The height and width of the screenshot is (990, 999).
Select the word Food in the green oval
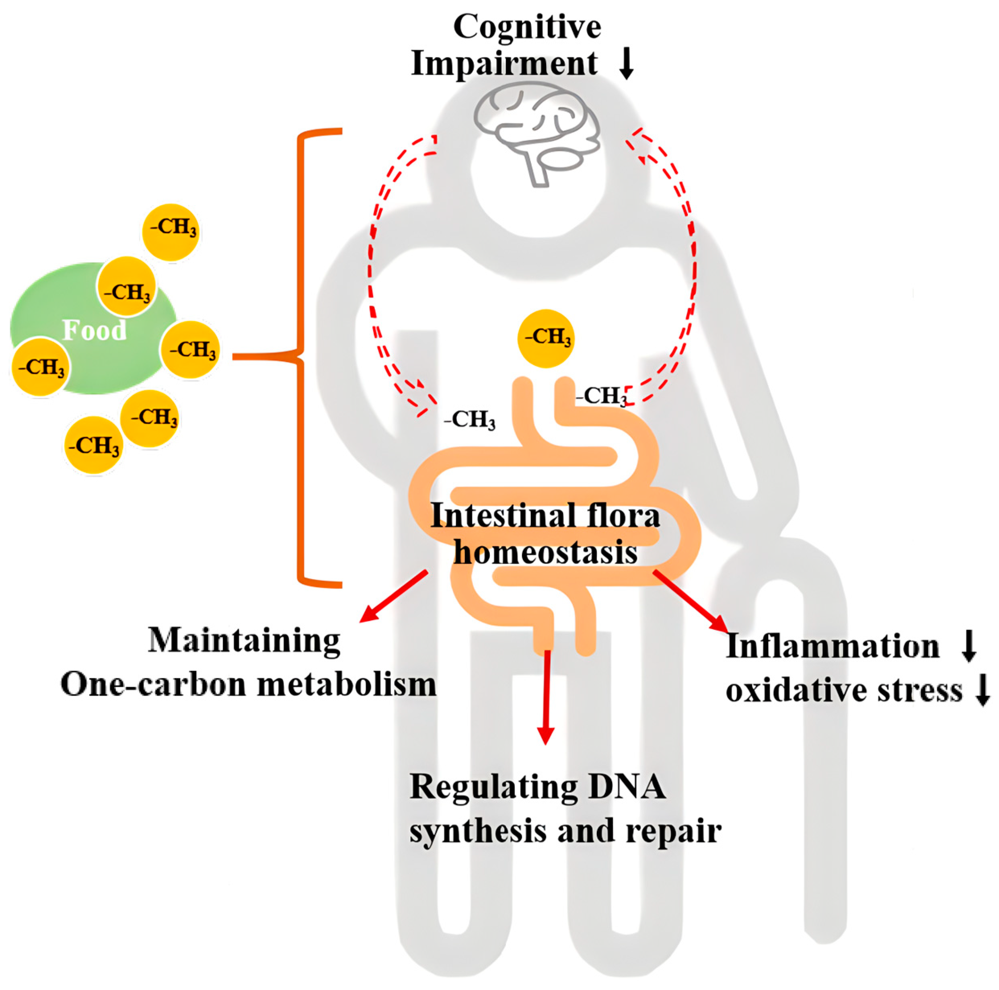[x=94, y=330]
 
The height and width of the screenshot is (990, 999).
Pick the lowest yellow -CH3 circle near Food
[x=94, y=446]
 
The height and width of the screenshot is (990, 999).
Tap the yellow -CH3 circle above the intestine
[x=546, y=339]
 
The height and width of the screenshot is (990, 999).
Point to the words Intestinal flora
[x=545, y=516]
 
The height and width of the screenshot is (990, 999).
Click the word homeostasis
[x=545, y=552]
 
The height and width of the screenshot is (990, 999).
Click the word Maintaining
[x=244, y=641]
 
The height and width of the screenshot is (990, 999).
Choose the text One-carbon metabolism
[x=248, y=684]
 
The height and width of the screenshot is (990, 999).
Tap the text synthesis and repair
[x=565, y=831]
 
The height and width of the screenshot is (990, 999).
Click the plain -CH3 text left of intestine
[x=469, y=420]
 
